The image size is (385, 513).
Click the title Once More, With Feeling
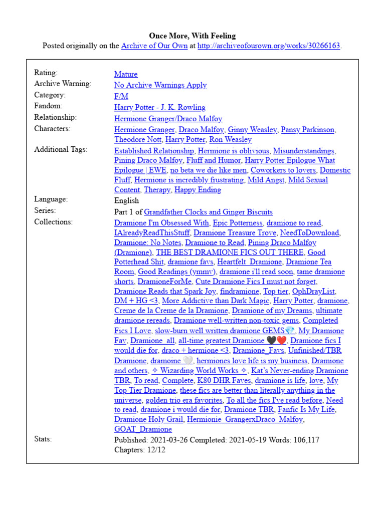click(x=192, y=36)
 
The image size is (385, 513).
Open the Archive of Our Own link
click(x=154, y=46)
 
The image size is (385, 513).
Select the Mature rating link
click(x=126, y=74)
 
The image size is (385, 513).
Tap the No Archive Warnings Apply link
click(x=160, y=85)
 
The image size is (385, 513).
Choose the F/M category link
click(x=121, y=96)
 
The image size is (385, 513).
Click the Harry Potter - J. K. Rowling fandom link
click(x=160, y=107)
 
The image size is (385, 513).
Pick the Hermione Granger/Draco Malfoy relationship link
click(x=168, y=119)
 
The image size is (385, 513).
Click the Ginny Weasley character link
click(x=252, y=130)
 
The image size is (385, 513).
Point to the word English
click(x=127, y=200)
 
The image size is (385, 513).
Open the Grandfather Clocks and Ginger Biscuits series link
click(x=209, y=212)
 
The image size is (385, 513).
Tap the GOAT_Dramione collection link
click(x=143, y=429)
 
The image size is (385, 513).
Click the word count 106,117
click(x=302, y=440)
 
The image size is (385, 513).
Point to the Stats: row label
click(x=43, y=439)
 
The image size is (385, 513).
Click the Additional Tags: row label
click(x=61, y=149)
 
